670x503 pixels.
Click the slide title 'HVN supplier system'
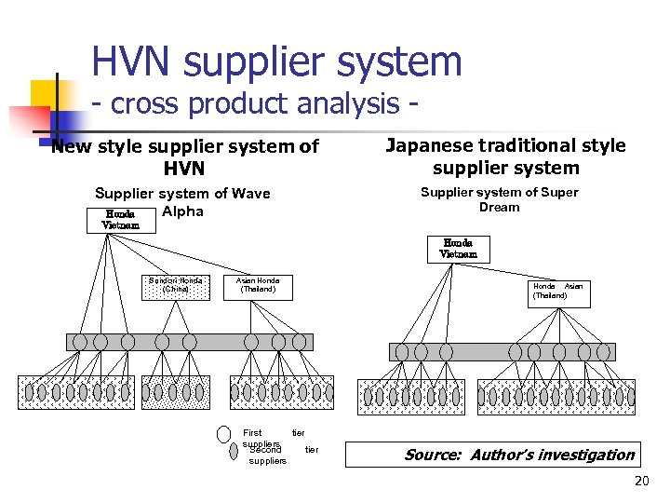pyautogui.click(x=276, y=62)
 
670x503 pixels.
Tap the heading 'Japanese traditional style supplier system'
pyautogui.click(x=505, y=156)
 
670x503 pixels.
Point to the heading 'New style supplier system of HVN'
pyautogui.click(x=185, y=157)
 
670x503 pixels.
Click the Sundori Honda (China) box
pyautogui.click(x=175, y=285)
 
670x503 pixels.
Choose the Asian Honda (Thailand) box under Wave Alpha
pyautogui.click(x=258, y=285)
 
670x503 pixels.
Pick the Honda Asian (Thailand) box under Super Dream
pyautogui.click(x=557, y=291)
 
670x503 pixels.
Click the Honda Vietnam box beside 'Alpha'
pyautogui.click(x=121, y=219)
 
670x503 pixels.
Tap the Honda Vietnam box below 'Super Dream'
pyautogui.click(x=458, y=249)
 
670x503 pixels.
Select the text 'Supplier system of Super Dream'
pyautogui.click(x=500, y=199)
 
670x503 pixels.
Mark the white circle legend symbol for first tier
pyautogui.click(x=223, y=434)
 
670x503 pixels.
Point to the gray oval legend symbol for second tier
pyautogui.click(x=234, y=452)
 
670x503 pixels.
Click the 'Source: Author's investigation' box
pyautogui.click(x=492, y=455)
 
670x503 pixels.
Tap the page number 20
pyautogui.click(x=640, y=482)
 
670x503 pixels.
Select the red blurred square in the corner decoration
pyautogui.click(x=28, y=121)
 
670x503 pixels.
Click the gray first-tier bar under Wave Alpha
pyautogui.click(x=189, y=342)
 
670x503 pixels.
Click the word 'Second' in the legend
pyautogui.click(x=265, y=450)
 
